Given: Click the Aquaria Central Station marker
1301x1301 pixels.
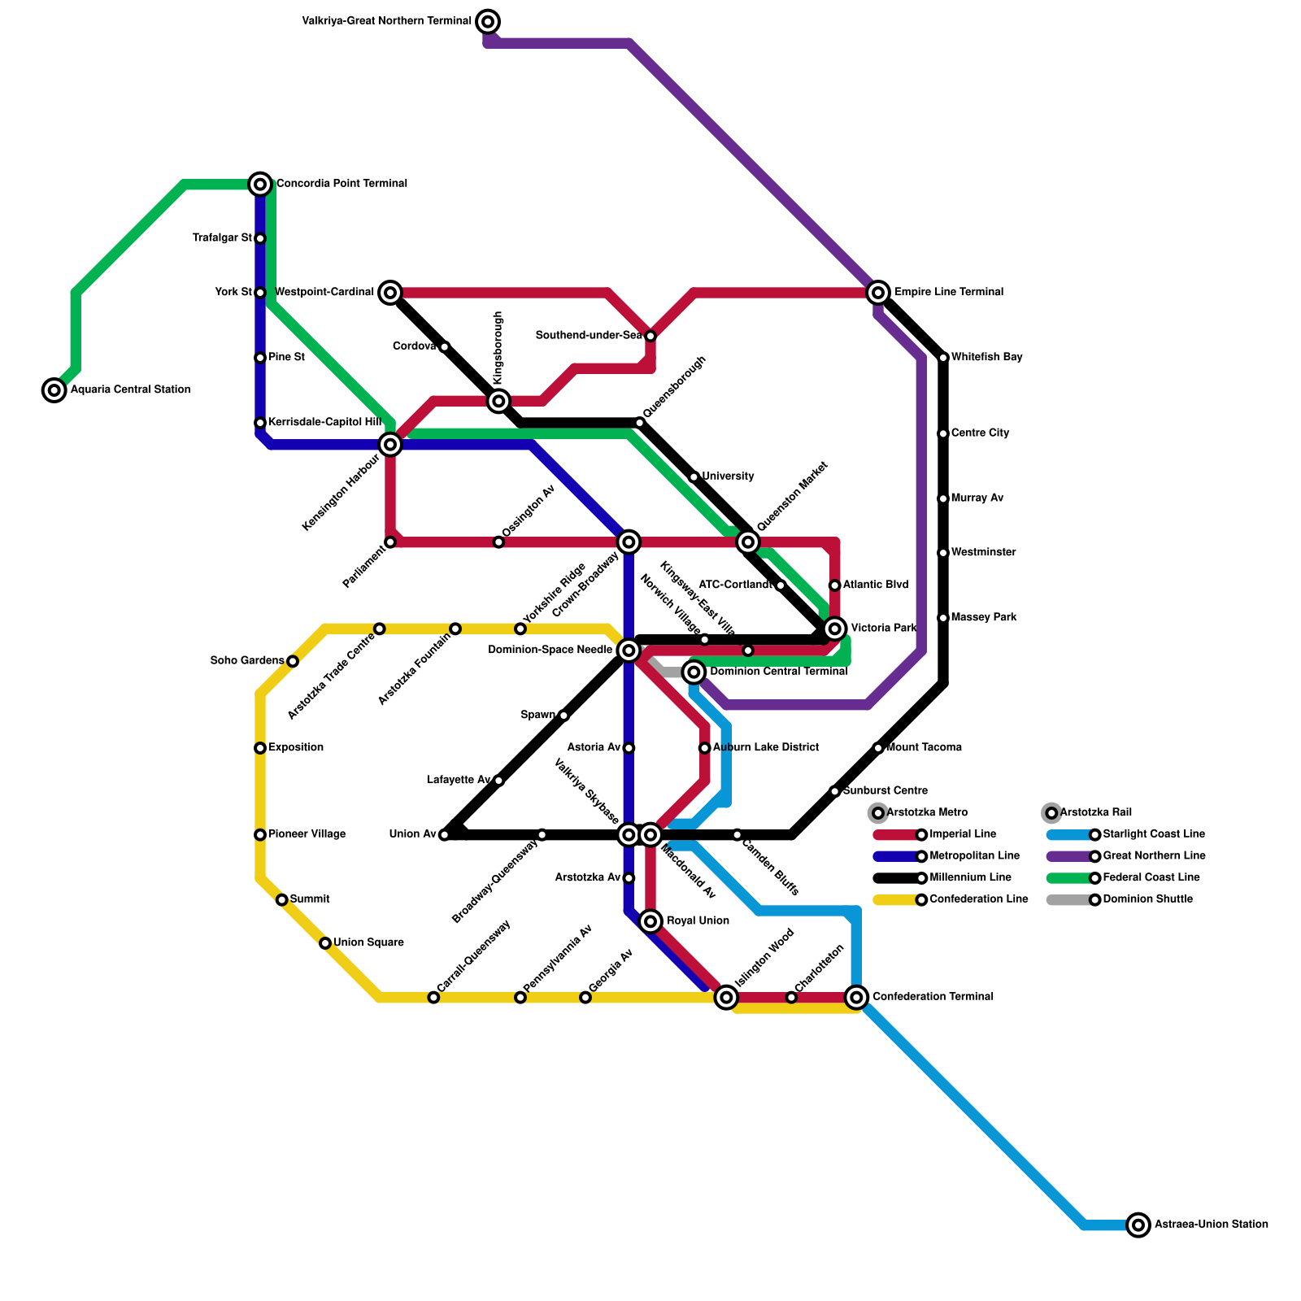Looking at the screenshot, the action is [x=54, y=390].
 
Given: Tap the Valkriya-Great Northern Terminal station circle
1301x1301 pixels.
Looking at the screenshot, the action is [x=488, y=22].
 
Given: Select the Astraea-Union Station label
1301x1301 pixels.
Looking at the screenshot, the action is [x=1211, y=1225].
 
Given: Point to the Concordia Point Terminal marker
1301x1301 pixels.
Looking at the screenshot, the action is [x=260, y=185].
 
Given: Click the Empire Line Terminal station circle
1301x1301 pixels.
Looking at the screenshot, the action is [x=878, y=293].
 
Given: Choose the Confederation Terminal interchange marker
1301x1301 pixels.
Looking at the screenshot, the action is [x=856, y=997].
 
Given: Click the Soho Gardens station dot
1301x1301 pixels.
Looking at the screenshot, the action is [x=293, y=661].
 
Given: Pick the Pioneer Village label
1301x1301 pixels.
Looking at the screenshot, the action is [x=307, y=834].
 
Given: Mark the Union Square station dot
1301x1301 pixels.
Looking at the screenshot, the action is [x=325, y=943].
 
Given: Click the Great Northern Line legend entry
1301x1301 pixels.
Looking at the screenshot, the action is [x=1154, y=856].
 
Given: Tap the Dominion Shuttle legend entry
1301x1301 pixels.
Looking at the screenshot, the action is [x=1147, y=899].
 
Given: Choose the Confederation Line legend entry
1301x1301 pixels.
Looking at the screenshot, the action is [x=978, y=899].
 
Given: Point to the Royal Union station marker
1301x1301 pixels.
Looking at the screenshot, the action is [x=650, y=921].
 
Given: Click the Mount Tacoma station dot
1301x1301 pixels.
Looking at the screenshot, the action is [x=878, y=748].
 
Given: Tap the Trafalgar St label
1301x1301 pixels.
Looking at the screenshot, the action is [x=222, y=238].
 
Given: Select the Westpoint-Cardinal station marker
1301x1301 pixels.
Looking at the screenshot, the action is [x=390, y=293].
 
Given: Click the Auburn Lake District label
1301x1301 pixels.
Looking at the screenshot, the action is [x=765, y=748].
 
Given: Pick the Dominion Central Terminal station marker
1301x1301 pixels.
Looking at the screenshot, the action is [x=694, y=672].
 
